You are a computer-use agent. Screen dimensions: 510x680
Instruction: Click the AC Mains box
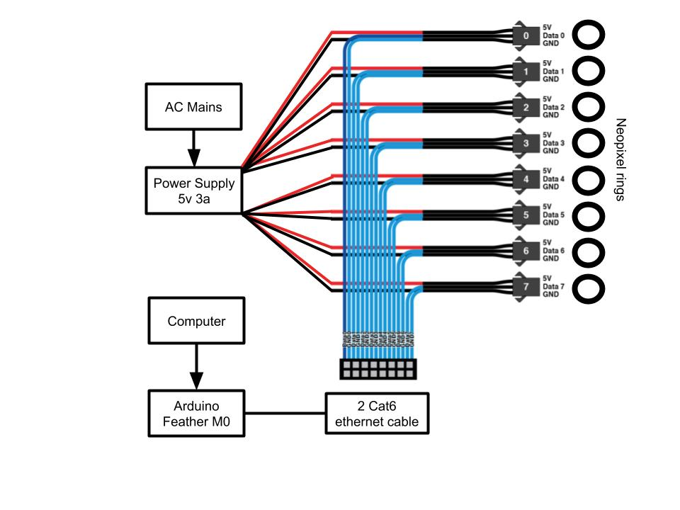pyautogui.click(x=193, y=107)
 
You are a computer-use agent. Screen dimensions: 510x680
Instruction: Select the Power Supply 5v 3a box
pyautogui.click(x=193, y=190)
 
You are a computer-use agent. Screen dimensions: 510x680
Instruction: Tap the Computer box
pyautogui.click(x=196, y=321)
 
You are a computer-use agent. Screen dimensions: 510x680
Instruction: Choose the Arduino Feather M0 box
pyautogui.click(x=196, y=413)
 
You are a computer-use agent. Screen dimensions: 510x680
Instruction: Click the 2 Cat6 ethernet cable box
pyautogui.click(x=377, y=413)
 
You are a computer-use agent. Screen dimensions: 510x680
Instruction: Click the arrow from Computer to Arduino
pyautogui.click(x=196, y=366)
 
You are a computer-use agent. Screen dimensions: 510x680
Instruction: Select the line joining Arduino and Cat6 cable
pyautogui.click(x=285, y=413)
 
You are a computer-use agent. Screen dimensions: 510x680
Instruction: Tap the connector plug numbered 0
pyautogui.click(x=525, y=35)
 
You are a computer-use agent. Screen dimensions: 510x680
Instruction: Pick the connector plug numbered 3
pyautogui.click(x=525, y=143)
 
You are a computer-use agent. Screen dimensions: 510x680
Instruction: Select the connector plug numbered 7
pyautogui.click(x=525, y=288)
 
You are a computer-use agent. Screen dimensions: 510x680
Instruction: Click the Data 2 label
pyautogui.click(x=553, y=107)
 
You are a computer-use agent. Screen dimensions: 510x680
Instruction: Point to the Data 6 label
pyautogui.click(x=553, y=251)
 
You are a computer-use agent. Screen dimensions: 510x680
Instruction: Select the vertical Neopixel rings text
pyautogui.click(x=620, y=159)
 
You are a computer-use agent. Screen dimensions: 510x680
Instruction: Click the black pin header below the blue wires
pyautogui.click(x=378, y=368)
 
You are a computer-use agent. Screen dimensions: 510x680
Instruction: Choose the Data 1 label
pyautogui.click(x=553, y=71)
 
